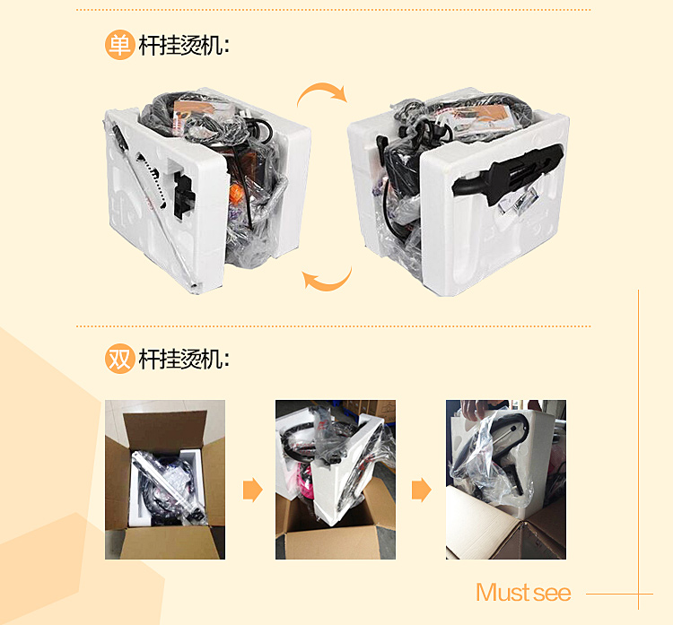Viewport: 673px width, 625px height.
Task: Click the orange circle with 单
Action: point(119,45)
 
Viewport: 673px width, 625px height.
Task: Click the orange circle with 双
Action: point(119,359)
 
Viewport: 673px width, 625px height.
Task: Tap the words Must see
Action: point(523,593)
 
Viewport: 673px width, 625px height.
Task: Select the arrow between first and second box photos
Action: point(253,490)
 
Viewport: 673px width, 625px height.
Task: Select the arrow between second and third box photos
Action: point(422,490)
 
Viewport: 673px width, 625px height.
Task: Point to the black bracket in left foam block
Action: point(183,195)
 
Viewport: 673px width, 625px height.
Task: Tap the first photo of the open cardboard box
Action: point(165,480)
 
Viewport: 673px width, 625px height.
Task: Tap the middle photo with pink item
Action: point(336,480)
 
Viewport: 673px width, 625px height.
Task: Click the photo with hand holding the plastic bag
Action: point(505,480)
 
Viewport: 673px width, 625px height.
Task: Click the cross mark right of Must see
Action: point(638,595)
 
